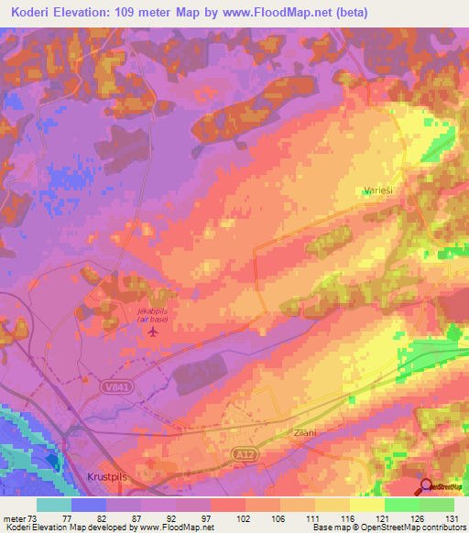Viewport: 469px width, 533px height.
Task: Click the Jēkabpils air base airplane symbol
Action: coord(152,332)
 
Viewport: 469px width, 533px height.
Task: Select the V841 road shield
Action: coord(112,387)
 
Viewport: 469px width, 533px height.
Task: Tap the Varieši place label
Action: coord(376,190)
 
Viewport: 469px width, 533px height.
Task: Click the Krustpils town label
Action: coord(93,480)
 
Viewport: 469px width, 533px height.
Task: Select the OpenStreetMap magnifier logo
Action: coord(427,487)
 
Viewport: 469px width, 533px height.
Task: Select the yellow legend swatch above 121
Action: coord(366,505)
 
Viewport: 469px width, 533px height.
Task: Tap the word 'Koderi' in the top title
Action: coord(34,12)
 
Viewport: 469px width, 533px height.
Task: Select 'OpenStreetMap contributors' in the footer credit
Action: coord(422,528)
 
